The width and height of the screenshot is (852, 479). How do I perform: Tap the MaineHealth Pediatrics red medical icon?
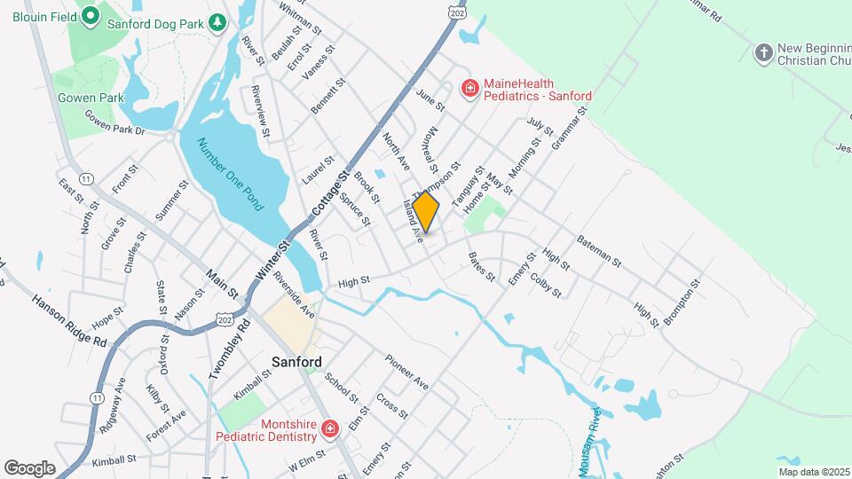tap(469, 89)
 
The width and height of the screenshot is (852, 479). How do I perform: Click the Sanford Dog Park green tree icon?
tap(217, 24)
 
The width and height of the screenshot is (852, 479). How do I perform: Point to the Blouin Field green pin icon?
tap(89, 16)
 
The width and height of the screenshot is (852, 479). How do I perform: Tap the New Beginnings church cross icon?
tap(762, 53)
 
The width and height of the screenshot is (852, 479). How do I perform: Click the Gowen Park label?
tap(77, 98)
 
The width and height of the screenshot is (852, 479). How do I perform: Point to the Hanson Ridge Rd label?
tap(69, 319)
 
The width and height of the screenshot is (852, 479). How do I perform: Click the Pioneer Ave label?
tap(406, 372)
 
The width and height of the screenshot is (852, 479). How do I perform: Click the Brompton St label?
tap(682, 302)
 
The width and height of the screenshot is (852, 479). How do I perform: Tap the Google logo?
tap(29, 468)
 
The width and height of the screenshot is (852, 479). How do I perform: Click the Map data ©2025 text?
tap(813, 472)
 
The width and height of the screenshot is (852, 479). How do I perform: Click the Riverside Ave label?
tap(294, 295)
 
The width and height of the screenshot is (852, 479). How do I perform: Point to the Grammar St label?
tap(569, 129)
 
